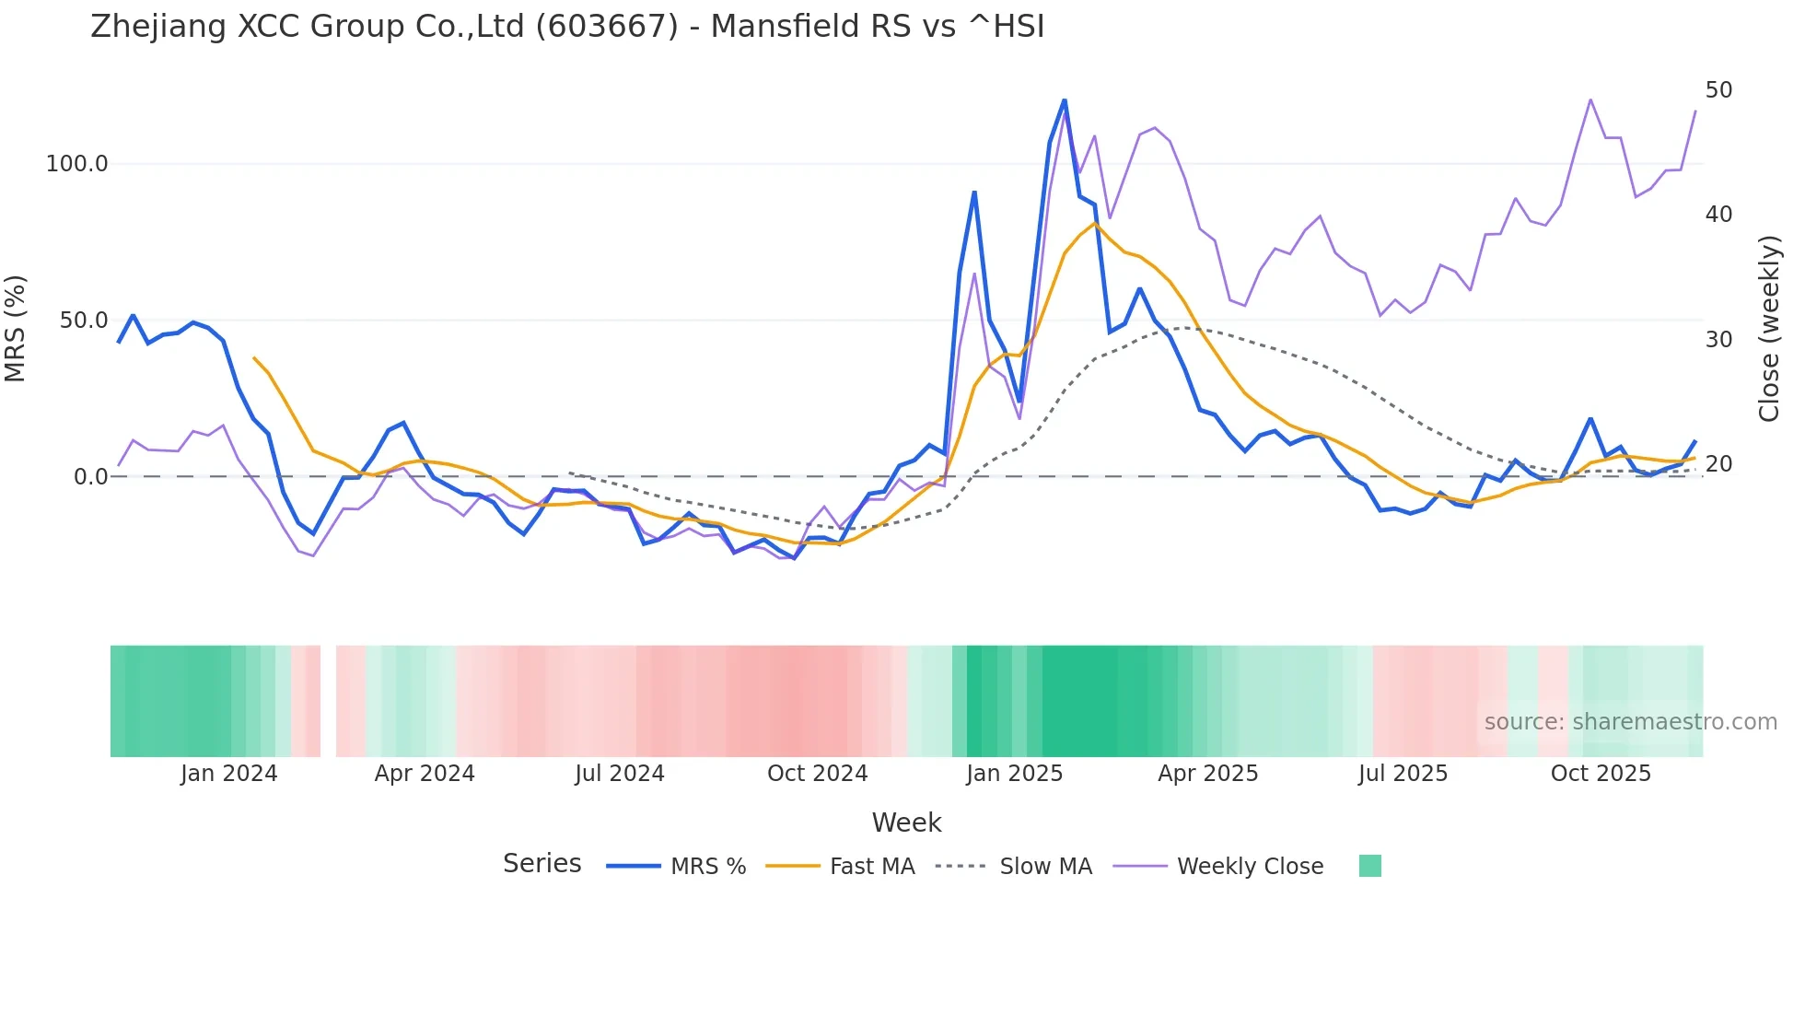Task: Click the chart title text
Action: tap(567, 27)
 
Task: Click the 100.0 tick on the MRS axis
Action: tap(77, 164)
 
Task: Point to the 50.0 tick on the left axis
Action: tap(84, 321)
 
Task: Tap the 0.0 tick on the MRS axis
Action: tap(90, 477)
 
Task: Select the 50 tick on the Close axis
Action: tap(1718, 90)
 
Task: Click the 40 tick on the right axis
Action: tap(1718, 215)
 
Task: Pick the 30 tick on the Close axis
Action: tap(1718, 340)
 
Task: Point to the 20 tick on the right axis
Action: tap(1718, 464)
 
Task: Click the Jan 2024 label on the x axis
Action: tap(229, 774)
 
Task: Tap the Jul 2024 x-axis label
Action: tap(620, 774)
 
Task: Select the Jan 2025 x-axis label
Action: tap(1014, 774)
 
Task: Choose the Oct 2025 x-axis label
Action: tap(1601, 774)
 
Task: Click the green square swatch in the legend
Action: tap(1369, 866)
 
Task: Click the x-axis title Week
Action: tap(906, 822)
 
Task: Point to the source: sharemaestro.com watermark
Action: tap(1630, 722)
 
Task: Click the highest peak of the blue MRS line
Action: tap(1065, 99)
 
